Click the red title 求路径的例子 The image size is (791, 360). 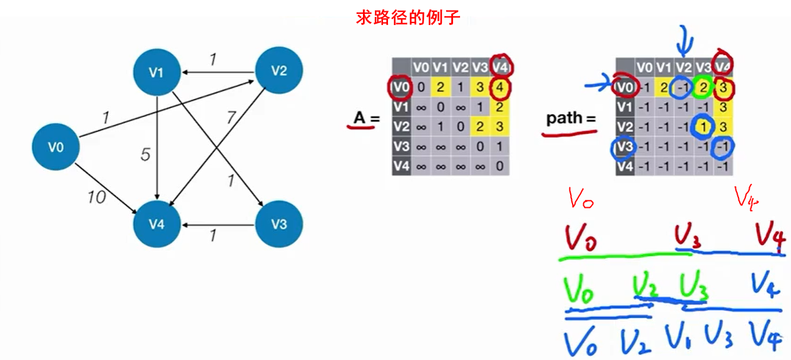click(408, 17)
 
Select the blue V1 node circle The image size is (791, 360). click(156, 72)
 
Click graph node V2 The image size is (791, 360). click(279, 70)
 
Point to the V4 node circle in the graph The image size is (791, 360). click(156, 224)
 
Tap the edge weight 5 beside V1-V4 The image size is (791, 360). click(145, 154)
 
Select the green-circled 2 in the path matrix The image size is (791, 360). click(703, 88)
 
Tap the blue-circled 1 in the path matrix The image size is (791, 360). click(703, 127)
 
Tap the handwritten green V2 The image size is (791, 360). click(645, 288)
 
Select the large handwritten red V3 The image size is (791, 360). click(687, 237)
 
